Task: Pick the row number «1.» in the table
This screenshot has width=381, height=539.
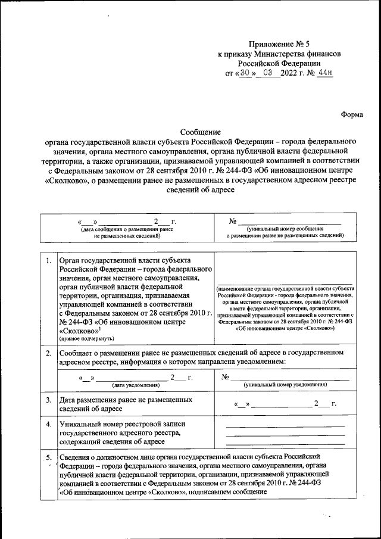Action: point(48,261)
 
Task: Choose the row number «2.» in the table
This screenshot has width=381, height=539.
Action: point(48,354)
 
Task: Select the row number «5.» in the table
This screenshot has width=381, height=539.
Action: point(48,457)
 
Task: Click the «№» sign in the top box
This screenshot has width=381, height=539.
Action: point(233,222)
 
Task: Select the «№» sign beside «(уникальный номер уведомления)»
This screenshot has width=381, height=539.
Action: point(226,378)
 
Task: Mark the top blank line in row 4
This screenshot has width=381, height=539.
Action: point(285,426)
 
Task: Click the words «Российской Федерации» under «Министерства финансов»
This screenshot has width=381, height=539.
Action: point(280,63)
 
